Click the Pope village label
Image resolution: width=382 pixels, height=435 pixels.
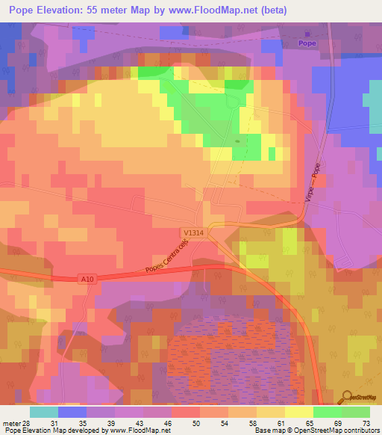307,43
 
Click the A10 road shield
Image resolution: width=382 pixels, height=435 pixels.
87,279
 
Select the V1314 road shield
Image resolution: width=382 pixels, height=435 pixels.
192,233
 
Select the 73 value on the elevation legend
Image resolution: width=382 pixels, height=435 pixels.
366,424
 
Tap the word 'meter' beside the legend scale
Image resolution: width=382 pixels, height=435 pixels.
10,424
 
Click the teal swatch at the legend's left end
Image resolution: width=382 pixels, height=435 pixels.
43,412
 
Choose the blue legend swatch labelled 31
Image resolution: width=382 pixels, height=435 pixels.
72,412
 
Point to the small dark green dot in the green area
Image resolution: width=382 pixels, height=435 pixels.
238,140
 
